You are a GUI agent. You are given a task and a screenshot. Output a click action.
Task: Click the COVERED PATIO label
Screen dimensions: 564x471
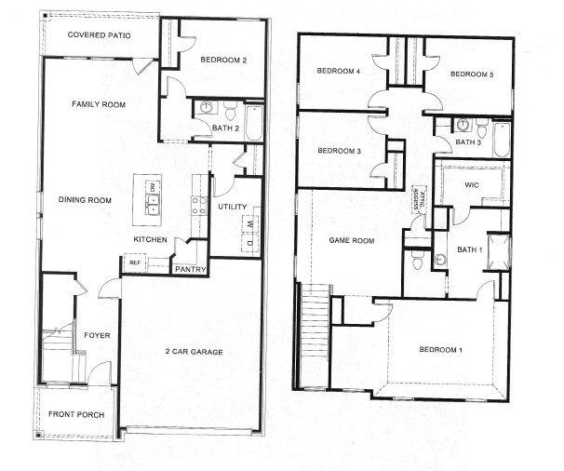tap(99, 34)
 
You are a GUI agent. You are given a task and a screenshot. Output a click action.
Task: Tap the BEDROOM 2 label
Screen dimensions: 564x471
tap(223, 60)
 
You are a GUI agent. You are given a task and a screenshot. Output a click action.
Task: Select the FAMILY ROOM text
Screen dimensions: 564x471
tap(99, 104)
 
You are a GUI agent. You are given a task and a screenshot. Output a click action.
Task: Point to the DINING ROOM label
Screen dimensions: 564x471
tap(85, 200)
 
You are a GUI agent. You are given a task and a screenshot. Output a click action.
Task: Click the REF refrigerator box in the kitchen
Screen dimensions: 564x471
tap(135, 263)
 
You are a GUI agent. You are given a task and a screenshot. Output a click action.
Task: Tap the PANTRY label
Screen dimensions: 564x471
tap(190, 269)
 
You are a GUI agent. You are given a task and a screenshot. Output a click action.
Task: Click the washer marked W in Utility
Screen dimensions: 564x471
tap(250, 224)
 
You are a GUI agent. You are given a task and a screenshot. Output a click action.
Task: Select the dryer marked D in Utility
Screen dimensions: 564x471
tap(250, 243)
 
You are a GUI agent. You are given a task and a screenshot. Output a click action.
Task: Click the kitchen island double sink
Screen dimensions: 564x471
tap(153, 205)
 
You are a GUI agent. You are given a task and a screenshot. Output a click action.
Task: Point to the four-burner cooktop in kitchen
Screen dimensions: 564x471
tap(199, 206)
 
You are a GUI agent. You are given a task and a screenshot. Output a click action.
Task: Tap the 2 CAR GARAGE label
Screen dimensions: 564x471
tap(194, 352)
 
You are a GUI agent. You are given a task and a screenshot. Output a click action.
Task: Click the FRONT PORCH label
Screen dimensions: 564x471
tap(76, 414)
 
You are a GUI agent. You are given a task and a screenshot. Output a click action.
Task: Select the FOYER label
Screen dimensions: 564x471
tap(97, 335)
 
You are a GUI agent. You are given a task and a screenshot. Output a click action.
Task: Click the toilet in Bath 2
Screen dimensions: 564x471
tap(229, 111)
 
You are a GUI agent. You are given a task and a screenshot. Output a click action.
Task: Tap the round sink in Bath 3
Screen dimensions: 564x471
tap(463, 125)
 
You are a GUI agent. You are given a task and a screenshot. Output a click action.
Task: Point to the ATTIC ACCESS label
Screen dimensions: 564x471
tap(418, 197)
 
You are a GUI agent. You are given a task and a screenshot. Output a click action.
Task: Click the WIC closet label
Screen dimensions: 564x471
tap(472, 185)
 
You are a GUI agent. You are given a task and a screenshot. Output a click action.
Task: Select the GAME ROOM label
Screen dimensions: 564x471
tap(352, 241)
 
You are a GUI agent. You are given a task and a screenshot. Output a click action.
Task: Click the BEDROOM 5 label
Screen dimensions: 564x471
tap(472, 74)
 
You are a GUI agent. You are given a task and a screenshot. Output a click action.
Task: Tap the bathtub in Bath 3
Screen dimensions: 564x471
tap(502, 140)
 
